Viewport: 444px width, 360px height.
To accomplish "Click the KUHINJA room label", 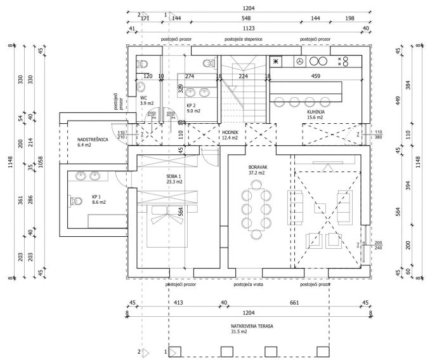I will point(298,111).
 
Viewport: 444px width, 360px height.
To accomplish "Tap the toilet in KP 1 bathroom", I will point(74,202).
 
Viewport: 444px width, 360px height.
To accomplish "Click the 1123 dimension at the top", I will point(249,29).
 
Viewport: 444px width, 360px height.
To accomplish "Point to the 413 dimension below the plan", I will point(178,302).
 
